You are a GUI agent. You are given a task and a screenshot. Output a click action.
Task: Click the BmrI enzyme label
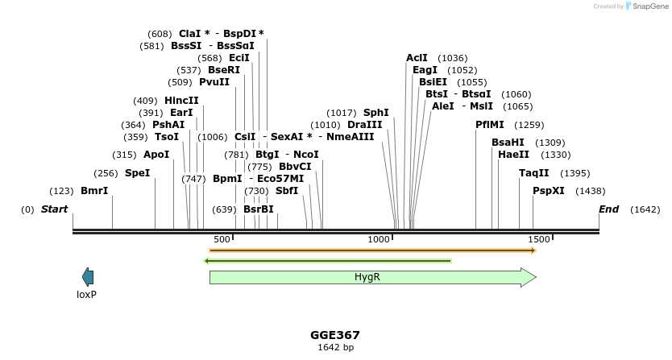pyautogui.click(x=94, y=191)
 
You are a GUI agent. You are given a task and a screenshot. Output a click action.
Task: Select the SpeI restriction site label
pyautogui.click(x=137, y=172)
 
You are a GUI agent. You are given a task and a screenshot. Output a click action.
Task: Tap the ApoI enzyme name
pyautogui.click(x=156, y=155)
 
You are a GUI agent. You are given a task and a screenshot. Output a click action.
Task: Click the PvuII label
pyautogui.click(x=214, y=82)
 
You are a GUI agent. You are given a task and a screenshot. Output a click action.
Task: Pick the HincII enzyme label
pyautogui.click(x=181, y=101)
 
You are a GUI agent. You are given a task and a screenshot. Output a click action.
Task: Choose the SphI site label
pyautogui.click(x=375, y=113)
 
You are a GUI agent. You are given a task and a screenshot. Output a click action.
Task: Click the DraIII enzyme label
pyautogui.click(x=364, y=125)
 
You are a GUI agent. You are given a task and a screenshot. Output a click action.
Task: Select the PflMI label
pyautogui.click(x=490, y=125)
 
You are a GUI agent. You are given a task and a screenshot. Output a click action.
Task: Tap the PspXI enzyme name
pyautogui.click(x=548, y=191)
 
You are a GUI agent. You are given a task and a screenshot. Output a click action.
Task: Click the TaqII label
pyautogui.click(x=533, y=172)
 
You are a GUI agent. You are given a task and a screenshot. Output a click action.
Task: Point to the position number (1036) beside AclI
pyautogui.click(x=452, y=58)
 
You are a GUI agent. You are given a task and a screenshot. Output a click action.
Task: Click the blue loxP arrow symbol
pyautogui.click(x=88, y=277)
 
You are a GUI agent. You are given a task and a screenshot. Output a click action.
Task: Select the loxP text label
pyautogui.click(x=86, y=295)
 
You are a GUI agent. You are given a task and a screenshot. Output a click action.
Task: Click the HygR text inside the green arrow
pyautogui.click(x=367, y=277)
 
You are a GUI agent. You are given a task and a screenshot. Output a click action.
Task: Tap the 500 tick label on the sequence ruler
pyautogui.click(x=222, y=239)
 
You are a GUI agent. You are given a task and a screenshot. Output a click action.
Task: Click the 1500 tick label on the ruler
pyautogui.click(x=539, y=239)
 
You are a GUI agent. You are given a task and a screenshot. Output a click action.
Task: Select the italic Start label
pyautogui.click(x=54, y=209)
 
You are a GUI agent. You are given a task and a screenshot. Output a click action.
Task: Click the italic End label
pyautogui.click(x=608, y=209)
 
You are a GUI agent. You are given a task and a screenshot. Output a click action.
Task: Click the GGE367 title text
pyautogui.click(x=335, y=335)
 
